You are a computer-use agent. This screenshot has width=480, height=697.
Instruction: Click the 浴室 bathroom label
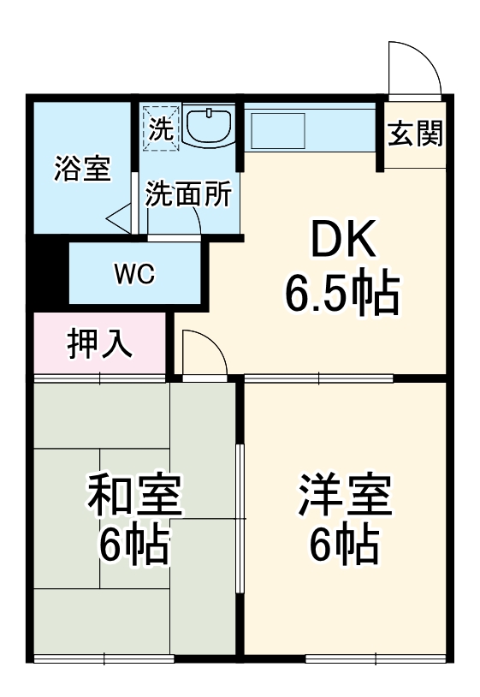(82, 169)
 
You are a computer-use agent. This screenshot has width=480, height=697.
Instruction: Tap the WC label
(133, 275)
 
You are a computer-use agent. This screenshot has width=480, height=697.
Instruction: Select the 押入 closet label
(100, 343)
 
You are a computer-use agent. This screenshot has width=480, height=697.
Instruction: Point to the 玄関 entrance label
(415, 134)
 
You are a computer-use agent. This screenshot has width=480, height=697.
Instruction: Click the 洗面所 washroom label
(187, 195)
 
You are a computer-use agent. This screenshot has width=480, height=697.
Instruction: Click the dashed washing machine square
(161, 128)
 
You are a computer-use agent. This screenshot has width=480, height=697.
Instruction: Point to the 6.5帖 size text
(341, 296)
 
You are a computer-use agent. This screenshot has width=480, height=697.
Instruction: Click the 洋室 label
(345, 497)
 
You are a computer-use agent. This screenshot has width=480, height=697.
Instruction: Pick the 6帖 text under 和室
(134, 545)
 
